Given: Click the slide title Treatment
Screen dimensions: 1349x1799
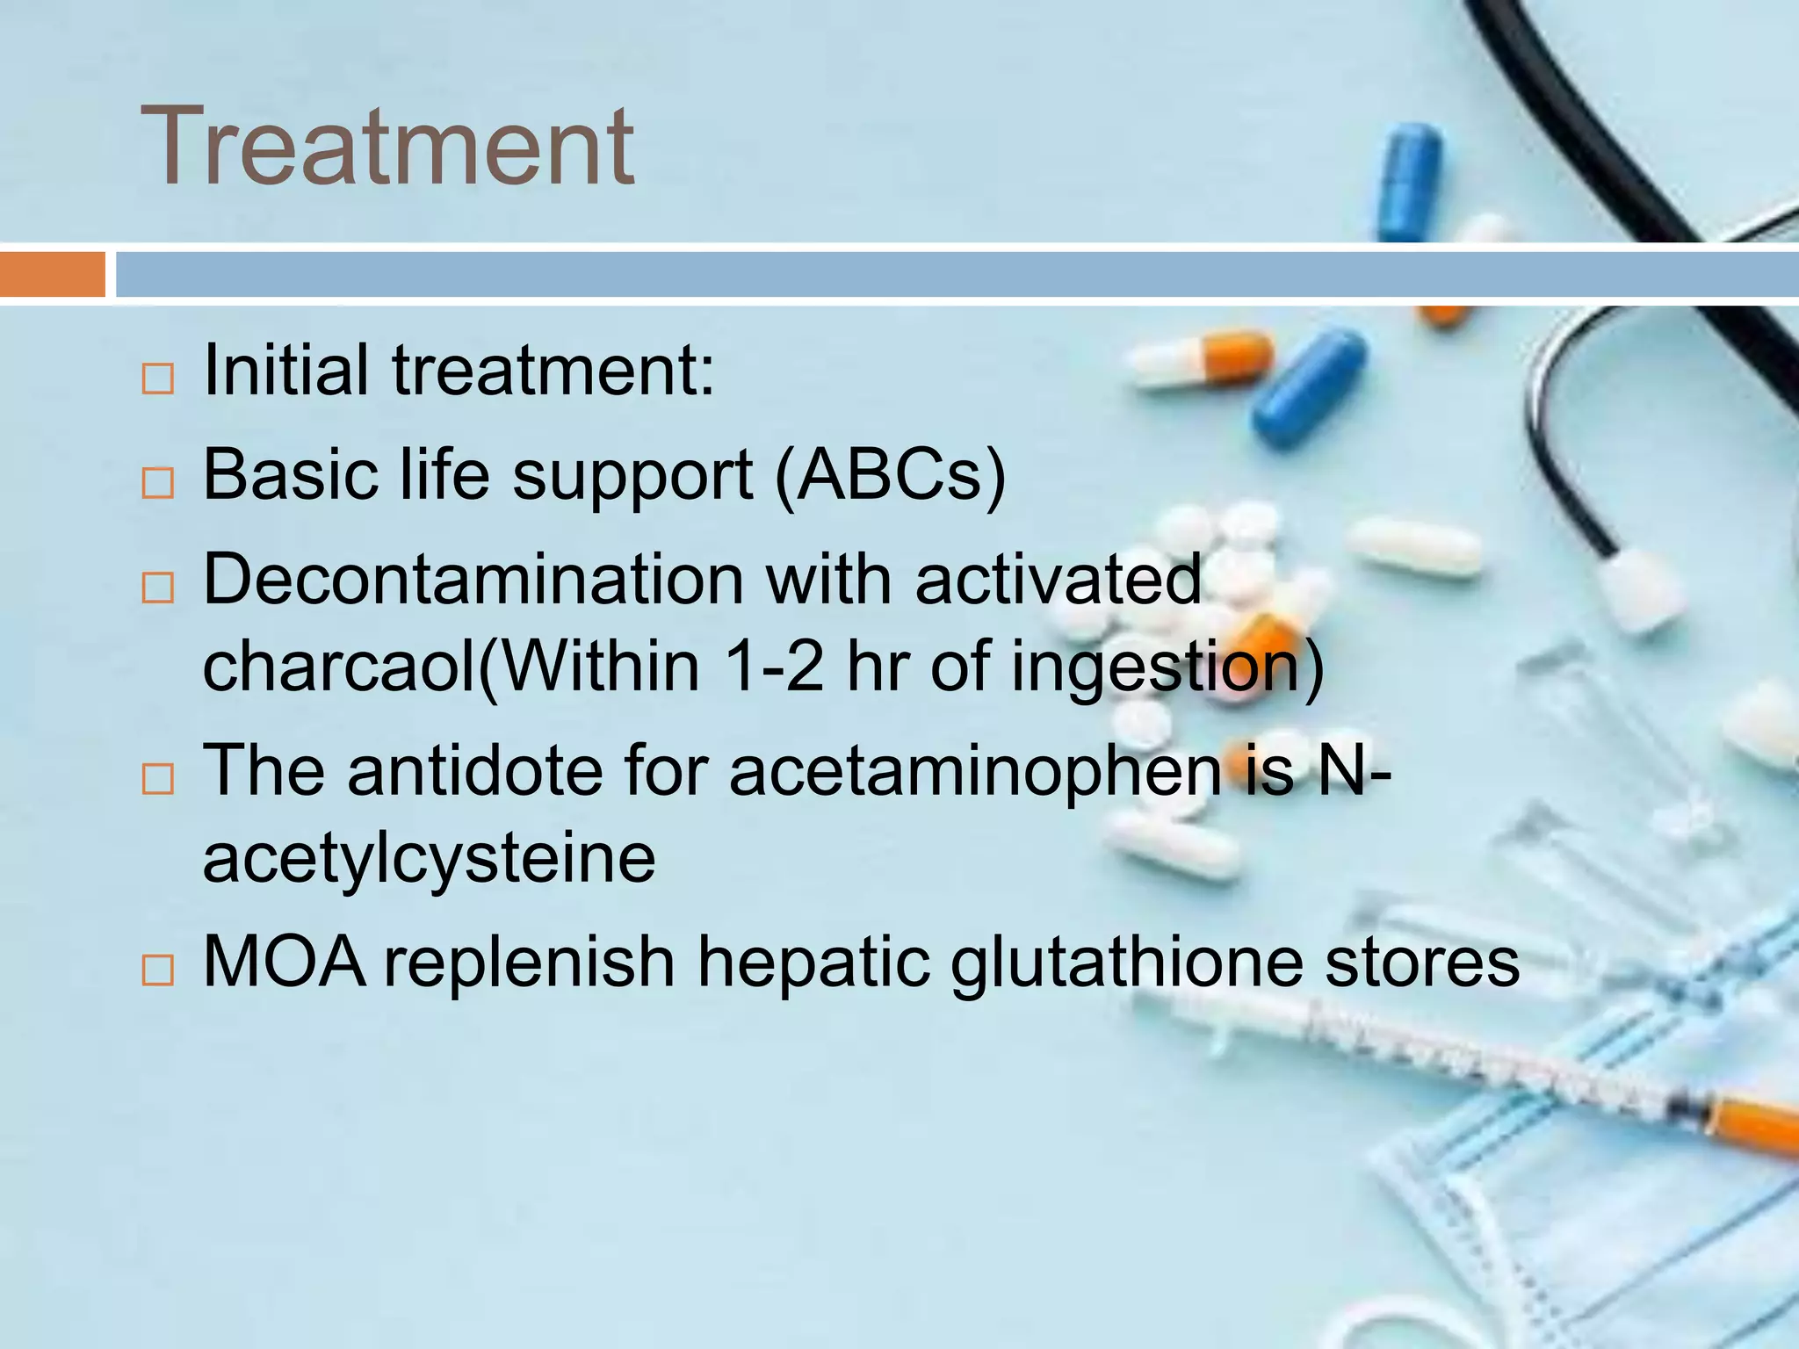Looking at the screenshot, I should pos(387,146).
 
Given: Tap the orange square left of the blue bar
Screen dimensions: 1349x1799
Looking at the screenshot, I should pos(52,274).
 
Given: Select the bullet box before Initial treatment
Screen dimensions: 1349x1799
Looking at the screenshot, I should pos(158,379).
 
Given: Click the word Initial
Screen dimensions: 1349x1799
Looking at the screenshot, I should pos(285,370).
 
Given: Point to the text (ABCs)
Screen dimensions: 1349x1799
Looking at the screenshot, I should pos(890,475).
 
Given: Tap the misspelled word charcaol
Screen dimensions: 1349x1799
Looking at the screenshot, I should pos(338,666).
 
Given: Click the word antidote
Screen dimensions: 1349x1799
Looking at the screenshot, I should pos(475,770).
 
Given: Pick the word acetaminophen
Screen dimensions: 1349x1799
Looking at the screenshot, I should pos(975,770).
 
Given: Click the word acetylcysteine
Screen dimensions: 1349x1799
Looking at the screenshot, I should pos(429,857).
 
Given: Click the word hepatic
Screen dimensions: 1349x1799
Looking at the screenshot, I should pos(813,962).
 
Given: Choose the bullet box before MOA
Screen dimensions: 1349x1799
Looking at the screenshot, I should pos(158,970).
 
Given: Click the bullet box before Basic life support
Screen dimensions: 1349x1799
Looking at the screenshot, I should pos(158,483).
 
